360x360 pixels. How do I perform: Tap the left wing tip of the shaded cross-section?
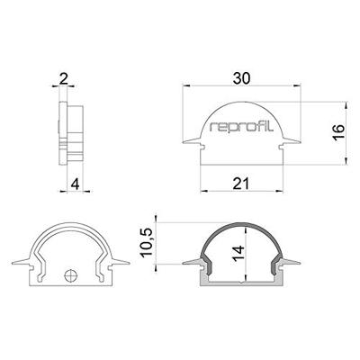(184, 264)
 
